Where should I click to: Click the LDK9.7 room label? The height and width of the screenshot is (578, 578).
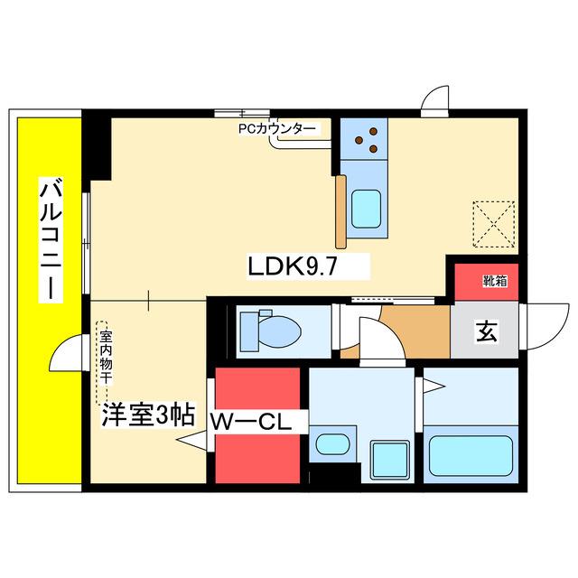pos(293,266)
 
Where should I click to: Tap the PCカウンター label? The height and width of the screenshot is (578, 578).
pos(277,129)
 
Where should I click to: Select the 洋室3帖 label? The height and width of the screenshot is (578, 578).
pos(148,415)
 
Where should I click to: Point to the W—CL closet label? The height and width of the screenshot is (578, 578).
pos(251,422)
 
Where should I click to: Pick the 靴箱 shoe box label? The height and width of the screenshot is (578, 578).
pos(495,281)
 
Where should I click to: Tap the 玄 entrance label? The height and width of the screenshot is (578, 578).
pos(487,331)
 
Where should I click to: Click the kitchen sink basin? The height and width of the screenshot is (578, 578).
pos(366,209)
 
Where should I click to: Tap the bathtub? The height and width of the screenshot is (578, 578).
pos(471,456)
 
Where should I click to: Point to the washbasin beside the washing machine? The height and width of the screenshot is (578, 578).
pos(332,444)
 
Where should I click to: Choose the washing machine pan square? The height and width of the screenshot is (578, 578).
pos(390,460)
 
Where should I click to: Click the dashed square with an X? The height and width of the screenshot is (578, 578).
pos(494,224)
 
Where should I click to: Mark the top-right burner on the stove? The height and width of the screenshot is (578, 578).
pos(373,132)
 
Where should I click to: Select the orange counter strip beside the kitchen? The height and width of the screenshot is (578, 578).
pos(341,211)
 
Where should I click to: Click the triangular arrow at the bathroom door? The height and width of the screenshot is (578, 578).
pos(434,387)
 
